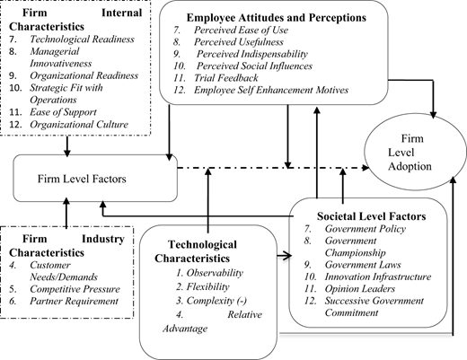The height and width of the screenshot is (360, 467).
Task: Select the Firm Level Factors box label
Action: tap(82, 179)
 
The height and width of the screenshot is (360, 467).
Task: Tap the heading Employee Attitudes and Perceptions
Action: tap(277, 17)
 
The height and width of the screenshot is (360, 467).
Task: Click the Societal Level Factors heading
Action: tap(372, 216)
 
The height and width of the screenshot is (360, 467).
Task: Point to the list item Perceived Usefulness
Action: tap(239, 42)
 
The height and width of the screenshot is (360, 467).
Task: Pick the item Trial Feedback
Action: tap(226, 78)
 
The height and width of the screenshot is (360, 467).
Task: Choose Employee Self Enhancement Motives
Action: tap(271, 90)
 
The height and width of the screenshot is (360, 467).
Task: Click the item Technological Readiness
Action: tap(82, 40)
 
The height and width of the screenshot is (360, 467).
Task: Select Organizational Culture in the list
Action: tap(79, 124)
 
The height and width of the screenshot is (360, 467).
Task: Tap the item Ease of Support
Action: tap(63, 112)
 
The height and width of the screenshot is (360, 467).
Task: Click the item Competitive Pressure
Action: tap(75, 289)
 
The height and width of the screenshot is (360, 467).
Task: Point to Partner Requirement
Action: tap(74, 301)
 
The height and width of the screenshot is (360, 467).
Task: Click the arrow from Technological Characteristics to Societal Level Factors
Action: tap(284, 256)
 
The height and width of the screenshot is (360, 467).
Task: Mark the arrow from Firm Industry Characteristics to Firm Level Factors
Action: tap(66, 213)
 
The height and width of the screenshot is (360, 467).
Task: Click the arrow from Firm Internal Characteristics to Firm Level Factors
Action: tap(67, 146)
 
